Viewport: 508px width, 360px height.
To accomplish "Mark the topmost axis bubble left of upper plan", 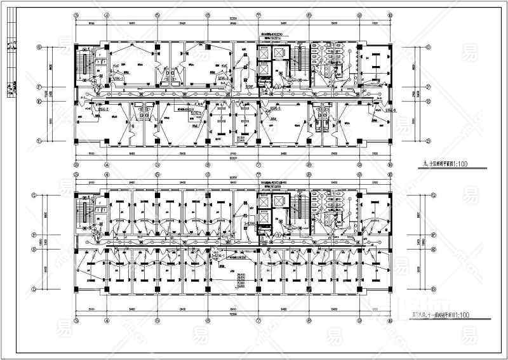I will pos(39,46).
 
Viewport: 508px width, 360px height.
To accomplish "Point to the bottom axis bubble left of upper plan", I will pos(39,140).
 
